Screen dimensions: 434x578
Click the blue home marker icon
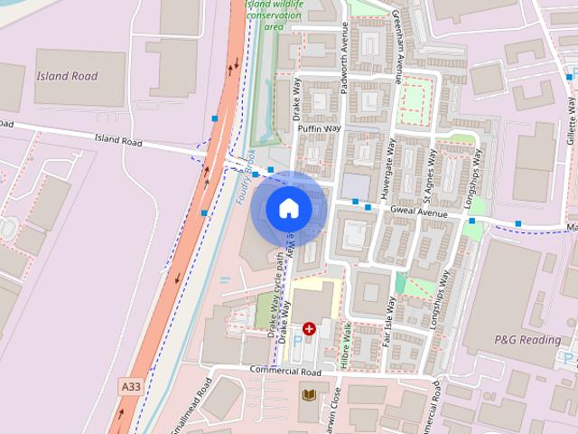point(289,209)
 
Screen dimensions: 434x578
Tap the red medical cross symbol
point(310,329)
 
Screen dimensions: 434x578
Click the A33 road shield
point(130,386)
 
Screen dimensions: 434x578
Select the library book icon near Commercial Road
point(310,394)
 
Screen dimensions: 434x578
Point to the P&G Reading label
point(527,340)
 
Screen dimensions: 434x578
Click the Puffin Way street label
point(319,129)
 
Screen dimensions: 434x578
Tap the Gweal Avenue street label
point(419,213)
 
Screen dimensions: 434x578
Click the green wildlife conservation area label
point(275,14)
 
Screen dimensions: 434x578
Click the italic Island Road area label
point(67,76)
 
